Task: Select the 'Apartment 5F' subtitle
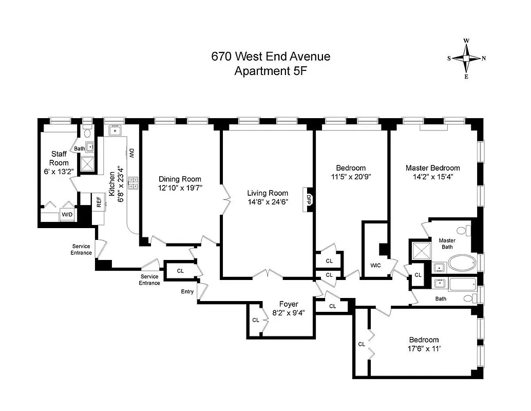point(271,71)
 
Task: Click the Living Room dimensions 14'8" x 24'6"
point(268,202)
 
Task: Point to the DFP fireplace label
point(309,199)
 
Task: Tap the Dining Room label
point(180,179)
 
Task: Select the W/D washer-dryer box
point(67,214)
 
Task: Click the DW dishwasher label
point(131,153)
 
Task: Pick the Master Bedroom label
point(432,168)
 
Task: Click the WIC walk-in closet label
point(375,266)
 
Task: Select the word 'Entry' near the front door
point(187,291)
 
